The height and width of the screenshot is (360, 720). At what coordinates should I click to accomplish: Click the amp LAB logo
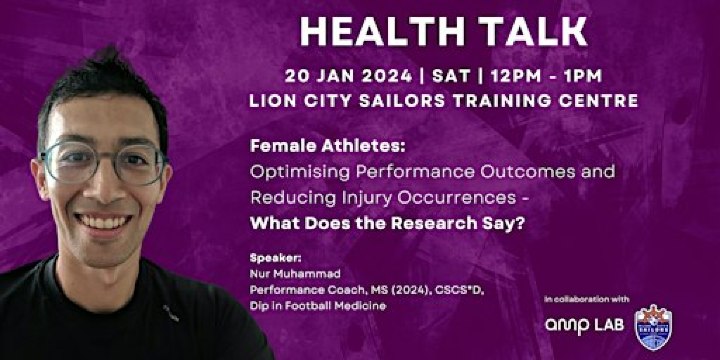click(584, 325)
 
